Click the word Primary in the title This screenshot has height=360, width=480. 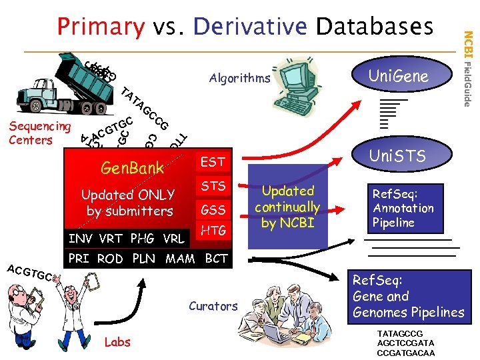coord(101,26)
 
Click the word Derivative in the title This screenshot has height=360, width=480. coord(250,26)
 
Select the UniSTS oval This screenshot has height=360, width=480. coord(398,157)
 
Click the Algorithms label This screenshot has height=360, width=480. coord(239,78)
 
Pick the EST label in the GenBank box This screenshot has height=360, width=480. coord(213,161)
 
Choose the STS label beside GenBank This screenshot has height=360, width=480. coord(213,185)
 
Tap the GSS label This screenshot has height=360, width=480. coord(213,209)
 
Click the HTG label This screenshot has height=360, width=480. coord(213,231)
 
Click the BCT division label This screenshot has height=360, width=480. coord(216,258)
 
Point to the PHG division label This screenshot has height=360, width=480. coord(142,238)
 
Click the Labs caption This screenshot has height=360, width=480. coord(117,342)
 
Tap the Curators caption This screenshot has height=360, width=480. coord(213,306)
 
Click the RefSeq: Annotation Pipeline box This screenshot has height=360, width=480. coord(403,208)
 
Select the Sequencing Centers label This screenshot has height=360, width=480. coord(39,133)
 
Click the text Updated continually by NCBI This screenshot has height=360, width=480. coord(287,207)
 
